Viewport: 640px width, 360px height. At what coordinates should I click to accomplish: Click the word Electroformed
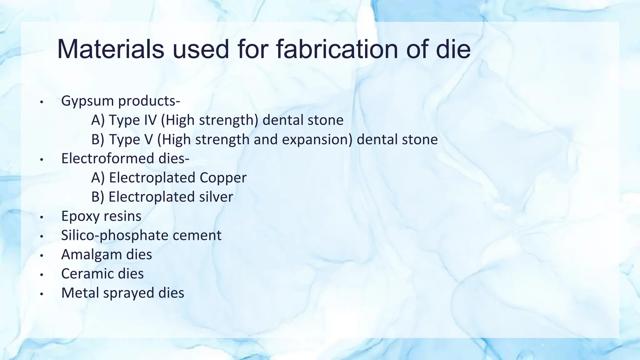[108, 158]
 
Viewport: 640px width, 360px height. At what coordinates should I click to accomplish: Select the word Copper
[223, 178]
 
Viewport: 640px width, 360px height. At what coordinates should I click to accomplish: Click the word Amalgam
[92, 254]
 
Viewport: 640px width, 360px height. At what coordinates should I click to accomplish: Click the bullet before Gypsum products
[41, 102]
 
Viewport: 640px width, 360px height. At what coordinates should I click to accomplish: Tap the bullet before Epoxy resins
[41, 217]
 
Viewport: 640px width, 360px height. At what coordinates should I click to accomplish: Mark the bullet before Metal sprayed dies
[41, 294]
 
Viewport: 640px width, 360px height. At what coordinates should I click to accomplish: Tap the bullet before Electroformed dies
[41, 159]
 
